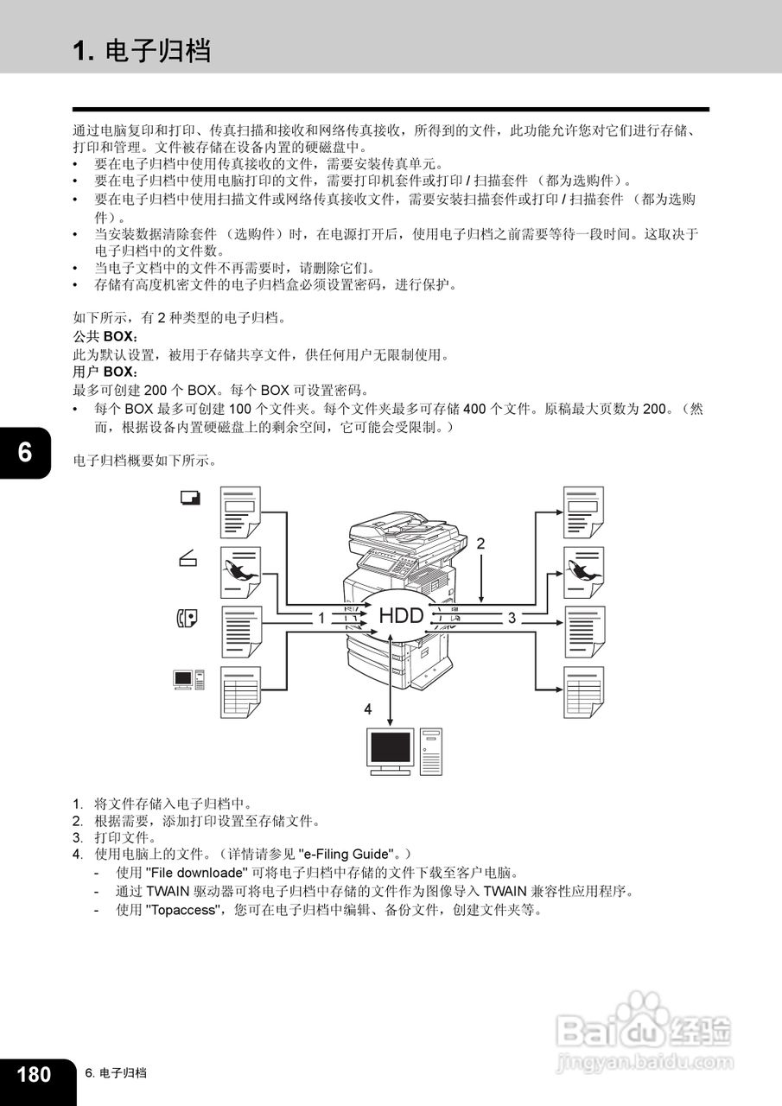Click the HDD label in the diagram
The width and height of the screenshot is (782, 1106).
tap(402, 616)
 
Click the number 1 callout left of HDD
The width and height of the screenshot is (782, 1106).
tap(321, 618)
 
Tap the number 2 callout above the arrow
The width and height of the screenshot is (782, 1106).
tap(481, 543)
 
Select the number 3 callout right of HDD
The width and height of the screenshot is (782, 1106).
tap(512, 618)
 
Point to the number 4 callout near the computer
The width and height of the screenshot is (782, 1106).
tap(368, 709)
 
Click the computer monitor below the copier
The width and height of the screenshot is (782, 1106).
tap(390, 748)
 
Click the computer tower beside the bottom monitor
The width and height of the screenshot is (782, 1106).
tap(432, 750)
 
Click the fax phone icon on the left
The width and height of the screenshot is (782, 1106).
tap(187, 618)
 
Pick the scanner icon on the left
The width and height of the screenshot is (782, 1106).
tap(188, 559)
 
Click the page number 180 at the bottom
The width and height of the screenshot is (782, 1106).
tap(34, 1074)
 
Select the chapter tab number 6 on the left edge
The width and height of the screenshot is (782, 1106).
tap(24, 451)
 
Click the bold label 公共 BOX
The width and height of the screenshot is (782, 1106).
tap(105, 336)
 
